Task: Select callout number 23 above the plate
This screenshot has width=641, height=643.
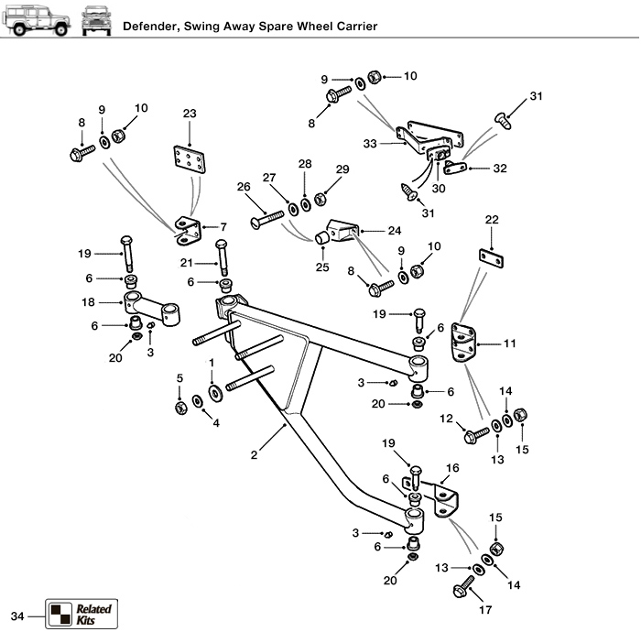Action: click(x=190, y=114)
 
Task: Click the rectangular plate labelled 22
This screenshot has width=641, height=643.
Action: click(x=492, y=258)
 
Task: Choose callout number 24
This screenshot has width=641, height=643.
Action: click(x=394, y=230)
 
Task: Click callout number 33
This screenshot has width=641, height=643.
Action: click(x=370, y=144)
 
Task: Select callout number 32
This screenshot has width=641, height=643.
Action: click(x=500, y=168)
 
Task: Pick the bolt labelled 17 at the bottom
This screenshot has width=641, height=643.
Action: click(x=463, y=587)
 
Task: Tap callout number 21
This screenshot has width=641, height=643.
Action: click(x=186, y=263)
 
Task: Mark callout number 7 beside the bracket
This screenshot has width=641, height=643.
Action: click(x=223, y=226)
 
